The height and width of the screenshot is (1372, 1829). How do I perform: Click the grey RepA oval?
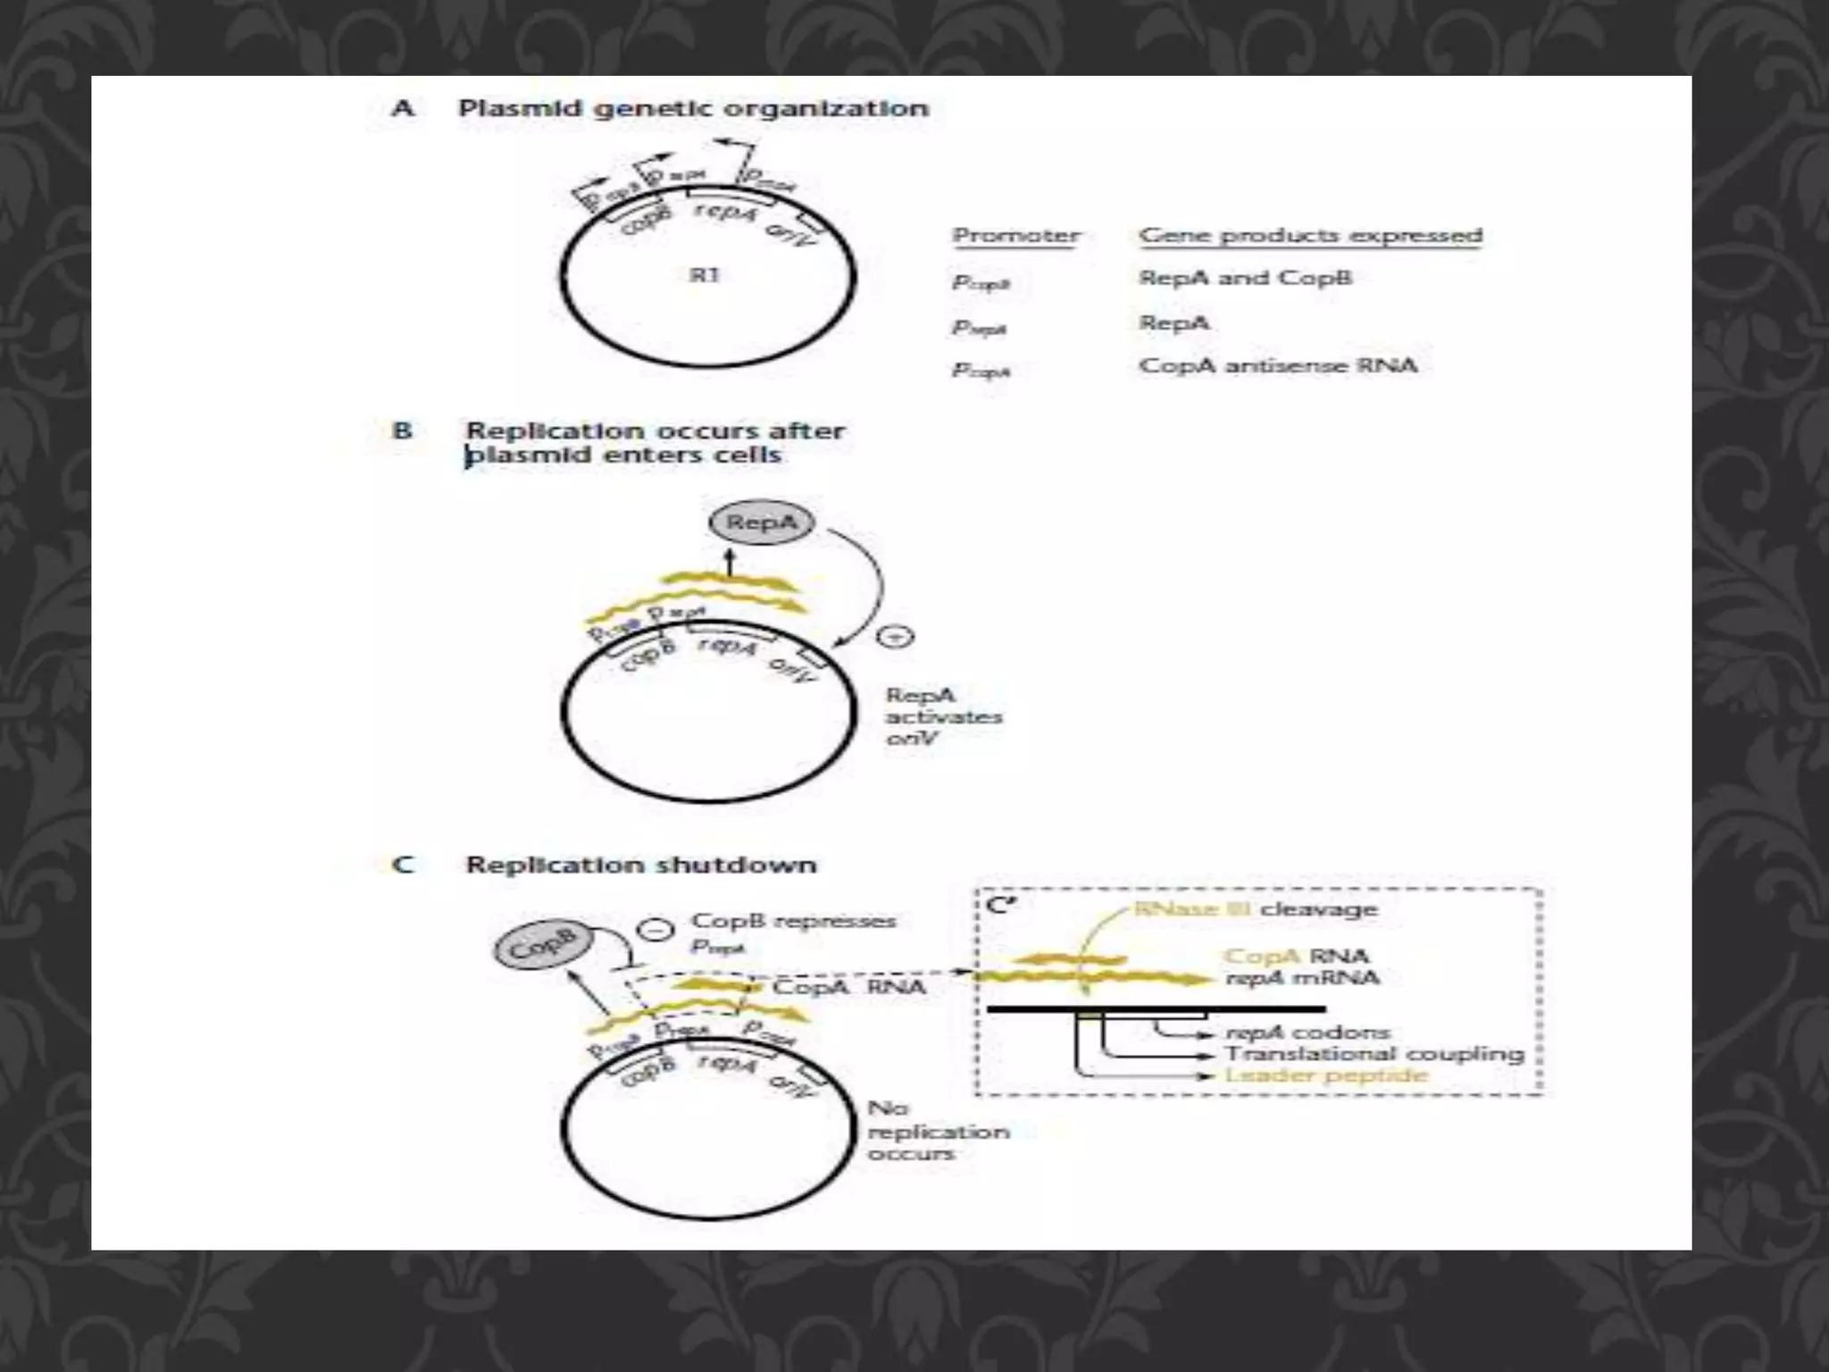(761, 523)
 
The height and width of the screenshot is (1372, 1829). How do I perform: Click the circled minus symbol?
(656, 930)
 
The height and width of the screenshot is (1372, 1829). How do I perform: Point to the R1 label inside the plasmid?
(704, 275)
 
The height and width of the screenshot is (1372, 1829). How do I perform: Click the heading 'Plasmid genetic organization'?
(693, 109)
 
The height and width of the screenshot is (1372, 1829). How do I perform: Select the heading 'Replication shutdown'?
(640, 865)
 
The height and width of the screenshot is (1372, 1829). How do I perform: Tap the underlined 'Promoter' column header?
(1015, 236)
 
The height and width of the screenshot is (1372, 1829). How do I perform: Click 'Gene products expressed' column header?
(1310, 236)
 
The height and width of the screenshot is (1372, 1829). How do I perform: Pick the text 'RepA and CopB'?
(1245, 278)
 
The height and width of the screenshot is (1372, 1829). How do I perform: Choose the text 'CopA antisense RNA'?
(1277, 365)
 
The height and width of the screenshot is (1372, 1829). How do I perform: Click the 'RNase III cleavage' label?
(1256, 909)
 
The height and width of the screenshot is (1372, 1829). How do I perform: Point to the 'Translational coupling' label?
(1374, 1054)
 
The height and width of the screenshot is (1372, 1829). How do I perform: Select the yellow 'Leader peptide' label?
(1325, 1075)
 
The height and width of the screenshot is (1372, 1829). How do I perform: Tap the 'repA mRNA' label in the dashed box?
(1302, 978)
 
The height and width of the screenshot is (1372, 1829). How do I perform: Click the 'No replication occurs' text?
(937, 1131)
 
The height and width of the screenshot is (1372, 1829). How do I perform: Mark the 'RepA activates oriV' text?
(942, 716)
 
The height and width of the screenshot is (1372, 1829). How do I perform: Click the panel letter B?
(403, 431)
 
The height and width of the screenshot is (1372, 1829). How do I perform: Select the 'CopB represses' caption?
(793, 921)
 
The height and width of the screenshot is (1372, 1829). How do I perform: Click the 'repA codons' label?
(1307, 1033)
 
